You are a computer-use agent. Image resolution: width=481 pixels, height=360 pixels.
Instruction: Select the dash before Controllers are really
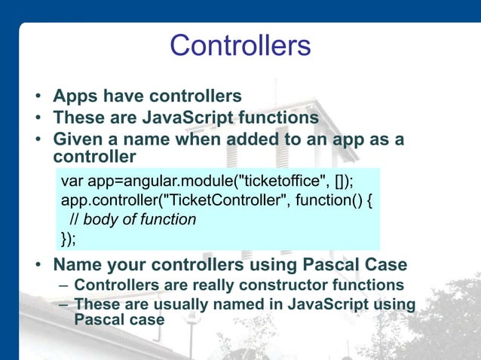(x=63, y=286)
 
